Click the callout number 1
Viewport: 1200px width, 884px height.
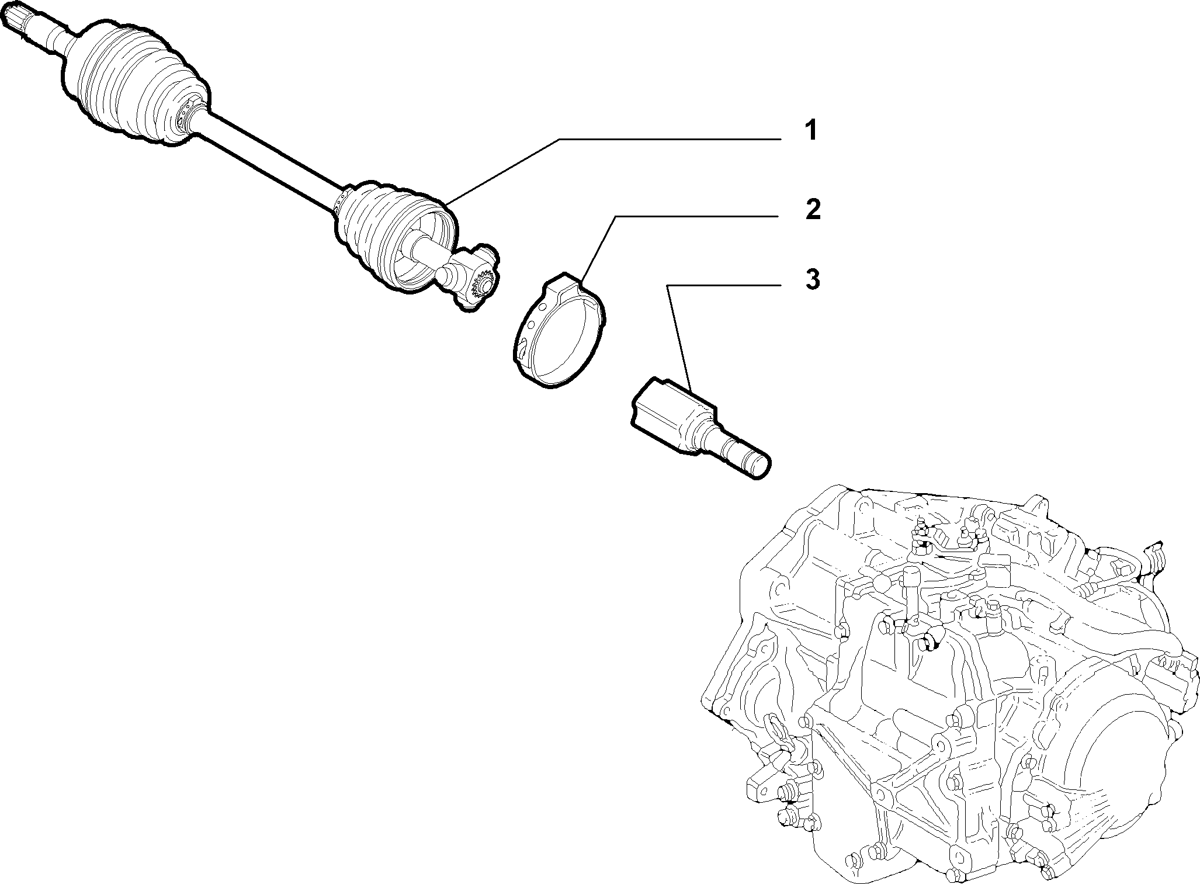tap(810, 131)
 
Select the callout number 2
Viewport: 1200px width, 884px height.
tap(811, 210)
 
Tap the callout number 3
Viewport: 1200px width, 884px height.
tap(811, 279)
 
